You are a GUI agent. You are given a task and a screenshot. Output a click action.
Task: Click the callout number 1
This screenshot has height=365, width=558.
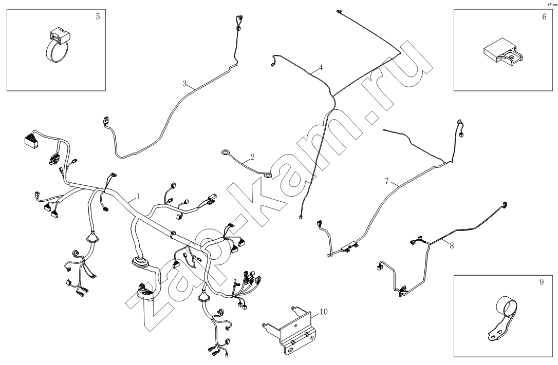pyautogui.click(x=138, y=197)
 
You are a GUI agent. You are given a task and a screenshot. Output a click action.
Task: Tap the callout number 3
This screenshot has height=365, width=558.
pyautogui.click(x=184, y=83)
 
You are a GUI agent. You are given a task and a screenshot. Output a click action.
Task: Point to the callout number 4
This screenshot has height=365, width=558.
pyautogui.click(x=320, y=67)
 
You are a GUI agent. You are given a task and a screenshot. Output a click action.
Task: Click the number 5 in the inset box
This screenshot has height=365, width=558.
pyautogui.click(x=98, y=16)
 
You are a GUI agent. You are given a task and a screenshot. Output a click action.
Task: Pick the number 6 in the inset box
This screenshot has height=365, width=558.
pyautogui.click(x=544, y=16)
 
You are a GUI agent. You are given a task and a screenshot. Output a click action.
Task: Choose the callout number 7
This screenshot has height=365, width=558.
pyautogui.click(x=387, y=181)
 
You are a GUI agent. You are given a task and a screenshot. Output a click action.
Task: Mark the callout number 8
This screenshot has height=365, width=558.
pyautogui.click(x=452, y=245)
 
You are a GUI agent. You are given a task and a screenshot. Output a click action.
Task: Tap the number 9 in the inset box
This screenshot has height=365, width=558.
pyautogui.click(x=542, y=281)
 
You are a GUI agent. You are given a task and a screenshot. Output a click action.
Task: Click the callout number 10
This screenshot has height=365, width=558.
pyautogui.click(x=323, y=311)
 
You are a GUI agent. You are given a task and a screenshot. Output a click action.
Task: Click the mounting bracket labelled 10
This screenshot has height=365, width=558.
pyautogui.click(x=291, y=331)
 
